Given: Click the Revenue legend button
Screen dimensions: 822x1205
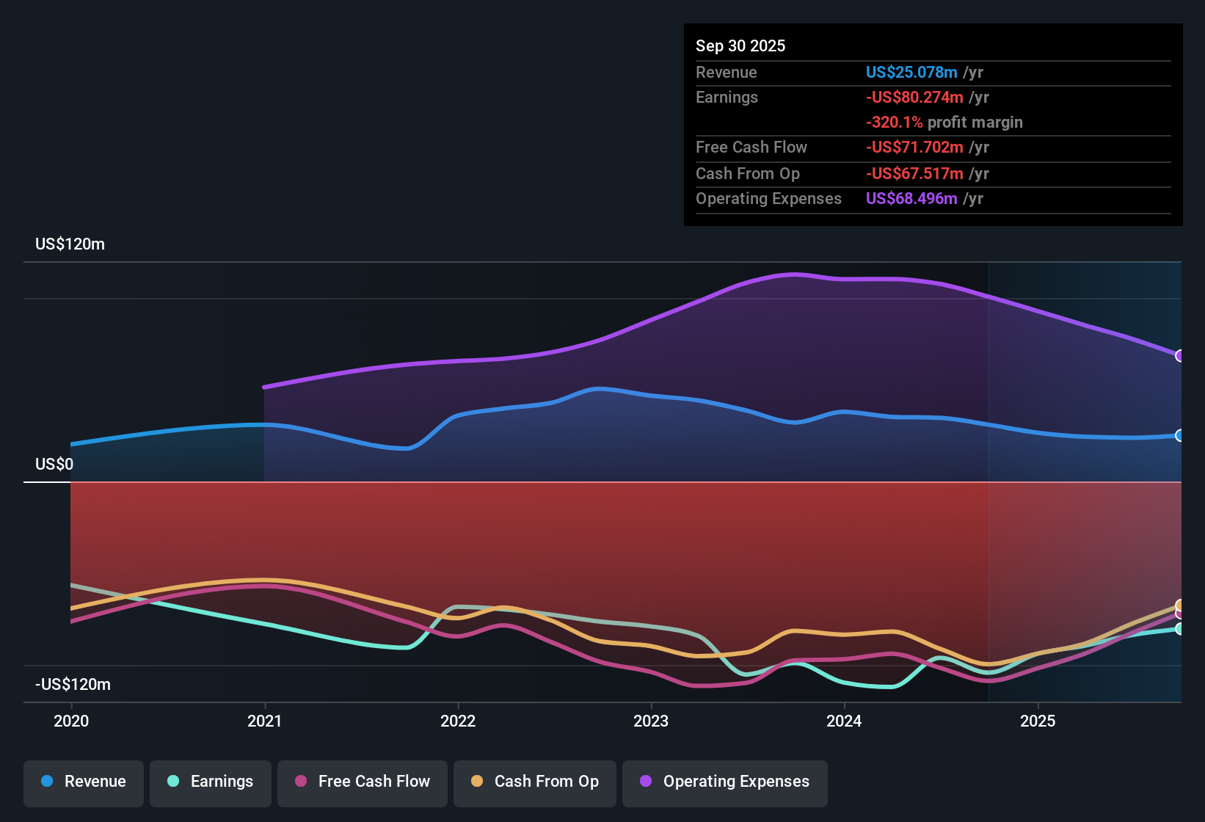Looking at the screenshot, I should [x=84, y=782].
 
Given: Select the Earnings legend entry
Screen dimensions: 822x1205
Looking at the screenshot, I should [x=211, y=782].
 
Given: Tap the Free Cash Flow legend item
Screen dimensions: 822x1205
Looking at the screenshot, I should [x=363, y=782].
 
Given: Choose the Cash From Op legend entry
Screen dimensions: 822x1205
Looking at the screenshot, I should [x=535, y=782].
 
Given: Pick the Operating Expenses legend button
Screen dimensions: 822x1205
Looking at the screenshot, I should [x=725, y=782].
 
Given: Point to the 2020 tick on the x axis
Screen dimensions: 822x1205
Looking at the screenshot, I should [x=71, y=721].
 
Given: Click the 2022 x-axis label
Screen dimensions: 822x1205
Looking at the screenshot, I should [x=458, y=721].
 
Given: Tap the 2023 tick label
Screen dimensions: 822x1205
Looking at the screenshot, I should [x=651, y=721].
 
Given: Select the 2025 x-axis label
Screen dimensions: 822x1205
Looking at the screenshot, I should [x=1038, y=721].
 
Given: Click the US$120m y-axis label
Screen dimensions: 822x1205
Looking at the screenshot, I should [x=70, y=244].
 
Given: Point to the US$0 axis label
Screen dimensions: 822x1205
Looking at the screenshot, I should [x=54, y=465].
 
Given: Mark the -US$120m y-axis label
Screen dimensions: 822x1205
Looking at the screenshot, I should [x=73, y=685].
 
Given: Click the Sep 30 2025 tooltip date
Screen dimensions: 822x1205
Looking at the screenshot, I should [x=740, y=46].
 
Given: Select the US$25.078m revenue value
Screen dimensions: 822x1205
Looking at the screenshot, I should [x=911, y=73].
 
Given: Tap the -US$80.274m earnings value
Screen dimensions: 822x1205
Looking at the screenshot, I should [x=914, y=98].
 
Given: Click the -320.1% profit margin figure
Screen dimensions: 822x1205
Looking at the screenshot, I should [x=894, y=123].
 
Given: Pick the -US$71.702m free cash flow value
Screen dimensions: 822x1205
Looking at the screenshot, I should [x=914, y=148].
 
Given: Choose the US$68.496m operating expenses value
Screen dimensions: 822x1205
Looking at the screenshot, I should [x=911, y=199].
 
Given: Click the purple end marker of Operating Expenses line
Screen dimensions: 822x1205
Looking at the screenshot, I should [x=1180, y=356].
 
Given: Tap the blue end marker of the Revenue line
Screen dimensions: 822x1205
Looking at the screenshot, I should [x=1180, y=435].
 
